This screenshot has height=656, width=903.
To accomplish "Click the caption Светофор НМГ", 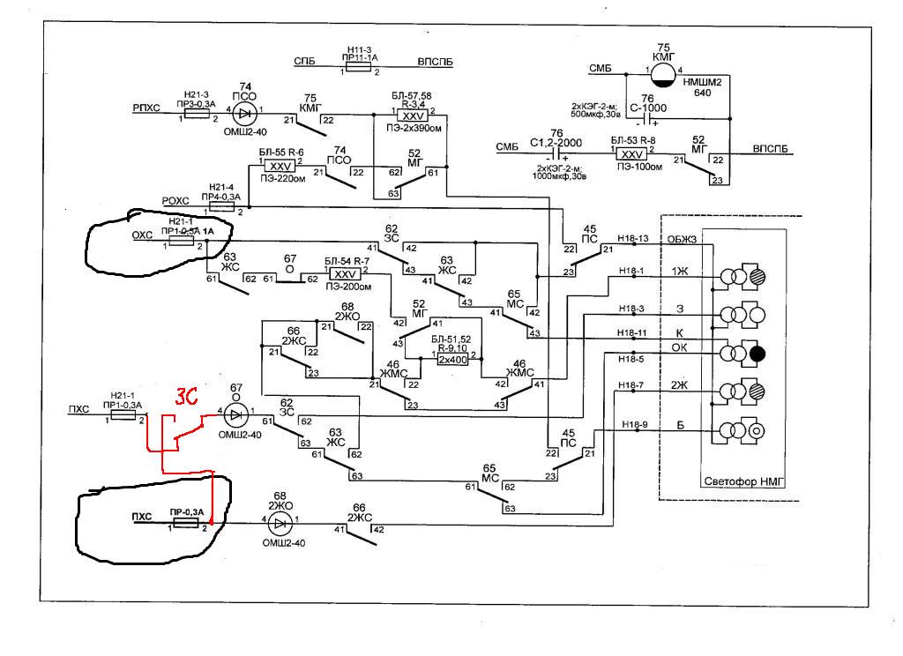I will tap(745, 481).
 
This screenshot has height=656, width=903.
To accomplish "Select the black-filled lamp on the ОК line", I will tap(758, 354).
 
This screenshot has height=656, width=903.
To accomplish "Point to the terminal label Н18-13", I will tap(632, 238).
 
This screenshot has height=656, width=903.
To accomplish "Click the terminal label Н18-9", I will tap(633, 425).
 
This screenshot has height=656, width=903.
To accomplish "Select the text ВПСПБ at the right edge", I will tap(774, 150).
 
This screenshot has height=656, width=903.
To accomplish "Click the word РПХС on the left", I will tap(146, 109).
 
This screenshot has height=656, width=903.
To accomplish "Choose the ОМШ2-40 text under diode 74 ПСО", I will tap(244, 131).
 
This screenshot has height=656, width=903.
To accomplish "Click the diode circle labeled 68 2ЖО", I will tap(280, 523).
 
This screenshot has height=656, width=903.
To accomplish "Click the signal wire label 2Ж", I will tap(679, 384).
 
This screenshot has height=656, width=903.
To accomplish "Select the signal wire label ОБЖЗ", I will tap(682, 238).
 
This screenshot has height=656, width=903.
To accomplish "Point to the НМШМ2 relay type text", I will tap(702, 81).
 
